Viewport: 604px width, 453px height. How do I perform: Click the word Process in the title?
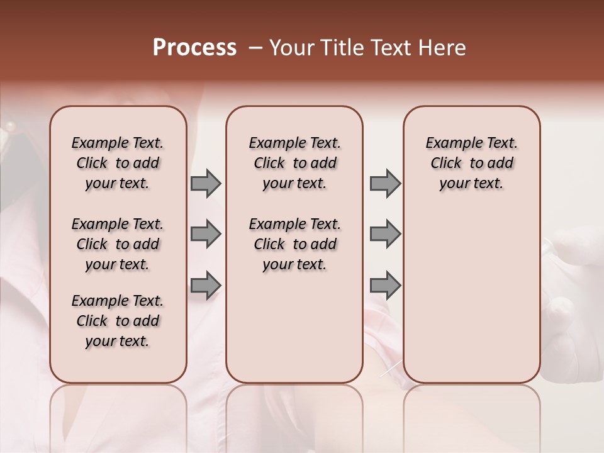(x=194, y=48)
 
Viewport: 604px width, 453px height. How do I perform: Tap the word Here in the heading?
(x=444, y=48)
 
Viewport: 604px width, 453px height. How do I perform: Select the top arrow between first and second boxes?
(x=206, y=183)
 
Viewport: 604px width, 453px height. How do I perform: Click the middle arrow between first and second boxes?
(x=206, y=234)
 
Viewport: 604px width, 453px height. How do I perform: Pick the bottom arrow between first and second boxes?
(x=206, y=286)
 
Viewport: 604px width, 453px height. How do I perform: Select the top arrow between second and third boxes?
(x=385, y=183)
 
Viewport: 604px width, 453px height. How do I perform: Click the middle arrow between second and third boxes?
(x=385, y=234)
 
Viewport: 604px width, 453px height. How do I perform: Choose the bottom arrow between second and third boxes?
(x=385, y=286)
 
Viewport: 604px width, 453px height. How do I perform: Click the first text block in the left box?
(x=118, y=163)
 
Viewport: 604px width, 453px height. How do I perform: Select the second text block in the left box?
(x=118, y=244)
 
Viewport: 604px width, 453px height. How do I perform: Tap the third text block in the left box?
(x=118, y=321)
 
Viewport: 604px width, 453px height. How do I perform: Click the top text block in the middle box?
(x=294, y=163)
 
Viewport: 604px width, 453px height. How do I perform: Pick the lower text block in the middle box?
(x=294, y=244)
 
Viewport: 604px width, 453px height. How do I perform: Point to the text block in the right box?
(x=471, y=163)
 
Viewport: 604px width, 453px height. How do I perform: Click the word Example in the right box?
(x=449, y=143)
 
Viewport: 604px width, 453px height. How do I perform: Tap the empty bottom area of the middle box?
(x=294, y=333)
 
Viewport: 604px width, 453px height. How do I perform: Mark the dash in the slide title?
(x=255, y=48)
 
